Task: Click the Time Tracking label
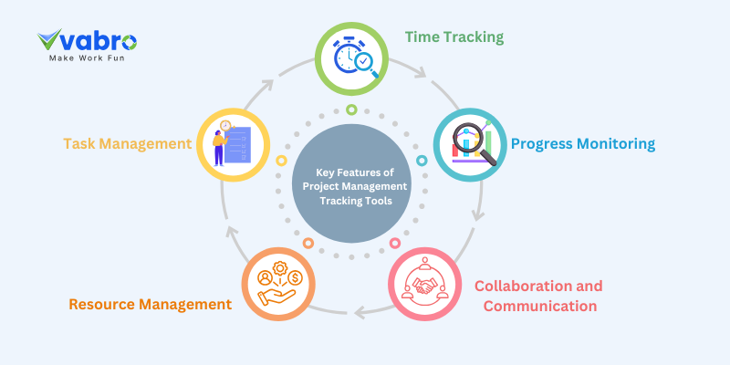point(454,37)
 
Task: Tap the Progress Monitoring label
point(583,143)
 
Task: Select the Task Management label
point(127,143)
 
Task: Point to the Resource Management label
point(150,304)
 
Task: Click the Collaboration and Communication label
point(538,296)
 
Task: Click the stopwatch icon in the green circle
point(350,57)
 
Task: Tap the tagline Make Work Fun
point(87,57)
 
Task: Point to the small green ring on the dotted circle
point(351,109)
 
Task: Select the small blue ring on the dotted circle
point(422,160)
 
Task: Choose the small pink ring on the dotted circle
point(395,244)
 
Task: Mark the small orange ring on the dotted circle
point(308,244)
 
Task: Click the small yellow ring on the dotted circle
point(282,161)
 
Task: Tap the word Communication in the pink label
point(540,306)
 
